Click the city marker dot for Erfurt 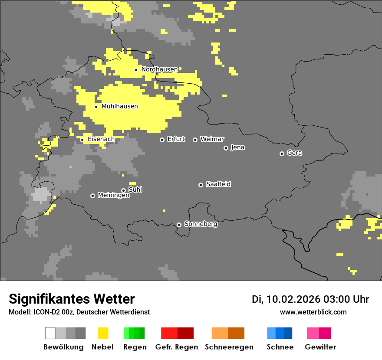tap(162, 140)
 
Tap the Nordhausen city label tap(159, 69)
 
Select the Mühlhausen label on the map tap(119, 106)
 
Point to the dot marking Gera tap(282, 154)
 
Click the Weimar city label tap(212, 139)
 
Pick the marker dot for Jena tap(226, 148)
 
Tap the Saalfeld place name tap(218, 184)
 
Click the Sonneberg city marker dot tap(179, 225)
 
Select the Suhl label tap(135, 190)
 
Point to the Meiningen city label tap(113, 195)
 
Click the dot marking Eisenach tap(82, 140)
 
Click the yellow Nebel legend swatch tap(103, 333)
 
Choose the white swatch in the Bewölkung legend tap(50, 333)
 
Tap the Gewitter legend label tap(320, 347)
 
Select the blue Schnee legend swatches tap(280, 333)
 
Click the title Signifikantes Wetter tap(72, 299)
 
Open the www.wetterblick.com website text tap(313, 312)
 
